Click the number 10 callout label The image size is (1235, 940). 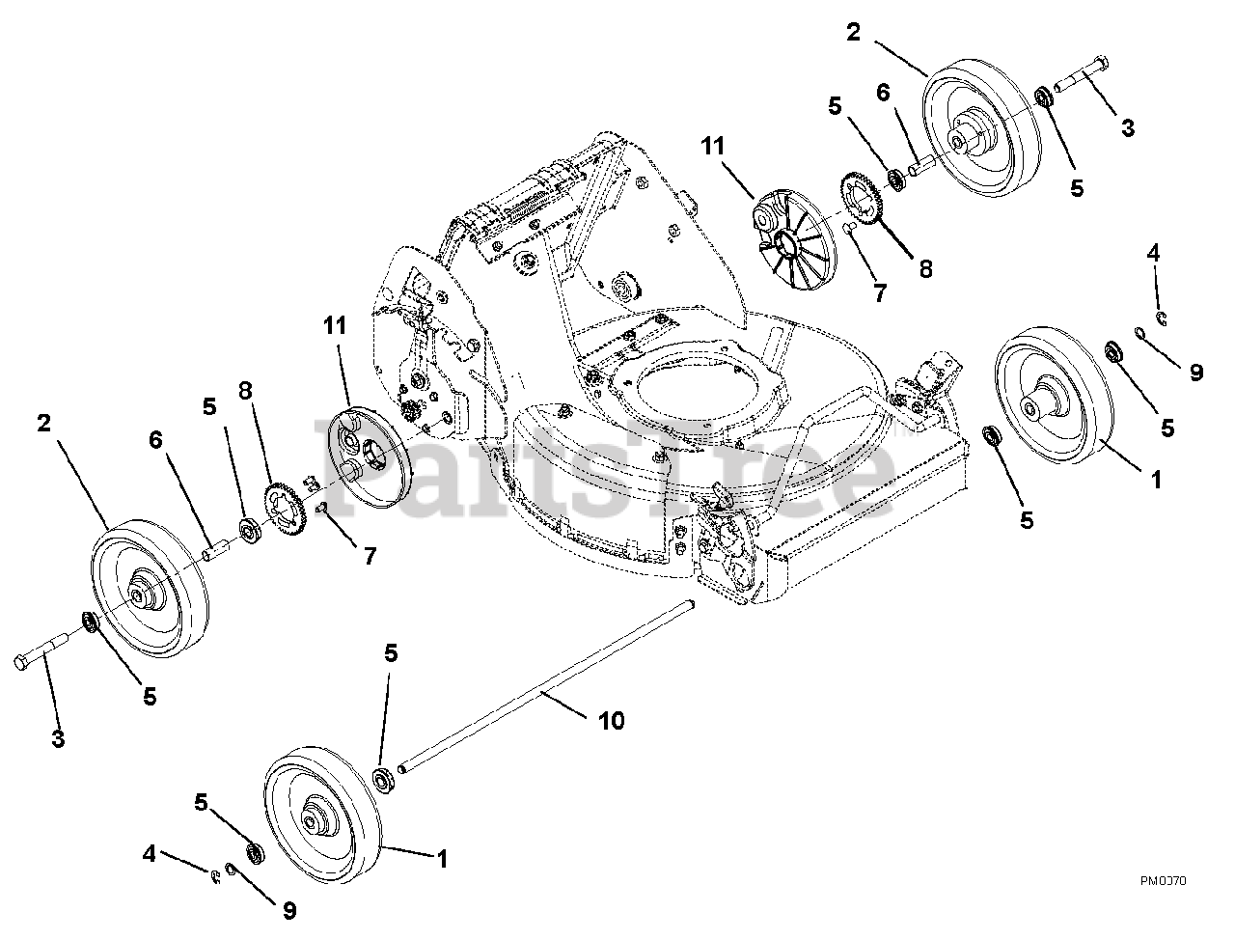[x=612, y=720]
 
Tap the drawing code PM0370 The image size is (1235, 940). [x=1163, y=880]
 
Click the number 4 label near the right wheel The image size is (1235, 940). [x=1153, y=254]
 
